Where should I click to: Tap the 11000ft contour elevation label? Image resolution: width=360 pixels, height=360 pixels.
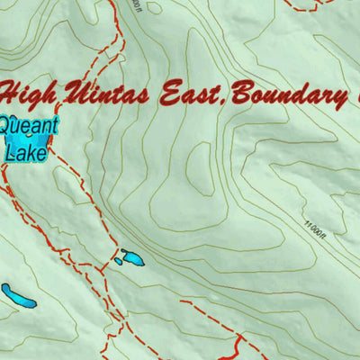315,217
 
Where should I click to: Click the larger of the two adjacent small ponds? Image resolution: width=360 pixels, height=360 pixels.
132,258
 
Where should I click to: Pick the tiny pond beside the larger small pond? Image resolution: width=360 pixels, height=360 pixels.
118,262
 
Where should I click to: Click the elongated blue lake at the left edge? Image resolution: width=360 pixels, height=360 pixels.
18,295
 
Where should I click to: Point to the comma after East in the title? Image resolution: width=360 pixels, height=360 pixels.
220,102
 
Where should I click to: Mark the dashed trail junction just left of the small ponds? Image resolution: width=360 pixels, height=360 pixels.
102,267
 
